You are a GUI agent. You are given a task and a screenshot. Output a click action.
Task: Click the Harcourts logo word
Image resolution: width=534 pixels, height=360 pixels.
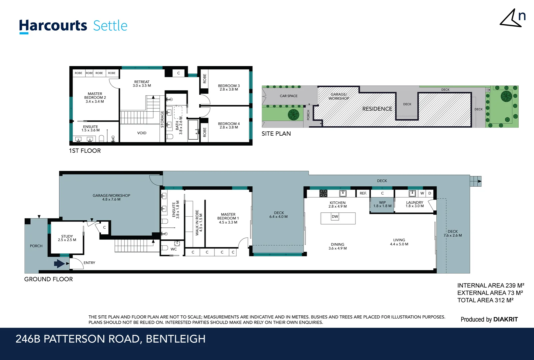pos(53,26)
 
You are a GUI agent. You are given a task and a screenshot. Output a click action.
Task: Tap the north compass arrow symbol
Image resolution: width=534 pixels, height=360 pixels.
pos(510,18)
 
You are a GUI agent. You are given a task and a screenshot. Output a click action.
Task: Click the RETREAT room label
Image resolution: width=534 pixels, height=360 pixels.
pos(142,84)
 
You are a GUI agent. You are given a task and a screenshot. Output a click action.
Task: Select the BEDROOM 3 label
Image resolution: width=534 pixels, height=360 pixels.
pos(229,87)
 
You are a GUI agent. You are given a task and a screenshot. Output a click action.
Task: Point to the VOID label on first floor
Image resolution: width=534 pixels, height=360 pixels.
pos(142,133)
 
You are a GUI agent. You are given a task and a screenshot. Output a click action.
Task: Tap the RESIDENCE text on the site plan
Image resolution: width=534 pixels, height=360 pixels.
pos(377,109)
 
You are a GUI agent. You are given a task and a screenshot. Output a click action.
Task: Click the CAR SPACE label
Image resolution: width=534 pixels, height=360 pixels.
pos(288,96)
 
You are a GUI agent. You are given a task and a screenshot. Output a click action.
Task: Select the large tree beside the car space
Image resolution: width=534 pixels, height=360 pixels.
pos(293,115)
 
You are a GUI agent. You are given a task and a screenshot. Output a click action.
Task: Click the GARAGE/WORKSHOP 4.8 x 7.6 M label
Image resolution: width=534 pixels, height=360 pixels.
pos(111,197)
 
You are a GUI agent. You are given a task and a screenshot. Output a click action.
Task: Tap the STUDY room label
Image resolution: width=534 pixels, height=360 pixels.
pos(67,238)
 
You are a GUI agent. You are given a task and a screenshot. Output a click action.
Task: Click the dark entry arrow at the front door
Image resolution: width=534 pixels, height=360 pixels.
pos(59,264)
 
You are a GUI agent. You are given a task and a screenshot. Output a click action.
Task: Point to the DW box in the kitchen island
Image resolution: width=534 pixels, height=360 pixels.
pos(335,217)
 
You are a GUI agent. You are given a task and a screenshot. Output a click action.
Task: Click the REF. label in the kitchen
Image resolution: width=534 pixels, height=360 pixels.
pos(363,193)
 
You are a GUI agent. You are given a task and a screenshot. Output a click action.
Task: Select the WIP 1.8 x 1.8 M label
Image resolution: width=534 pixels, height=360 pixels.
pos(382,204)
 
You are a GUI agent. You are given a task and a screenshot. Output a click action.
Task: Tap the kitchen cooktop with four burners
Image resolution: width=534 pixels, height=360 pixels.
pos(323,193)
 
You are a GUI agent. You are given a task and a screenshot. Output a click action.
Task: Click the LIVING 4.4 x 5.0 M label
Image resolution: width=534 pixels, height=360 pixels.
pos(399,242)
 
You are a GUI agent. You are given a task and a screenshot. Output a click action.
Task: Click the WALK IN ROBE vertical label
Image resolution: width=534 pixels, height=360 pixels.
pos(199,223)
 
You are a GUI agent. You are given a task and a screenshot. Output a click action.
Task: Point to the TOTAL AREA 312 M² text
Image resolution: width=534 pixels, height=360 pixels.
pos(485,300)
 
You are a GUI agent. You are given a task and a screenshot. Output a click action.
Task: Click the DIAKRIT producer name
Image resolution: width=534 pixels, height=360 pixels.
pos(505,319)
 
